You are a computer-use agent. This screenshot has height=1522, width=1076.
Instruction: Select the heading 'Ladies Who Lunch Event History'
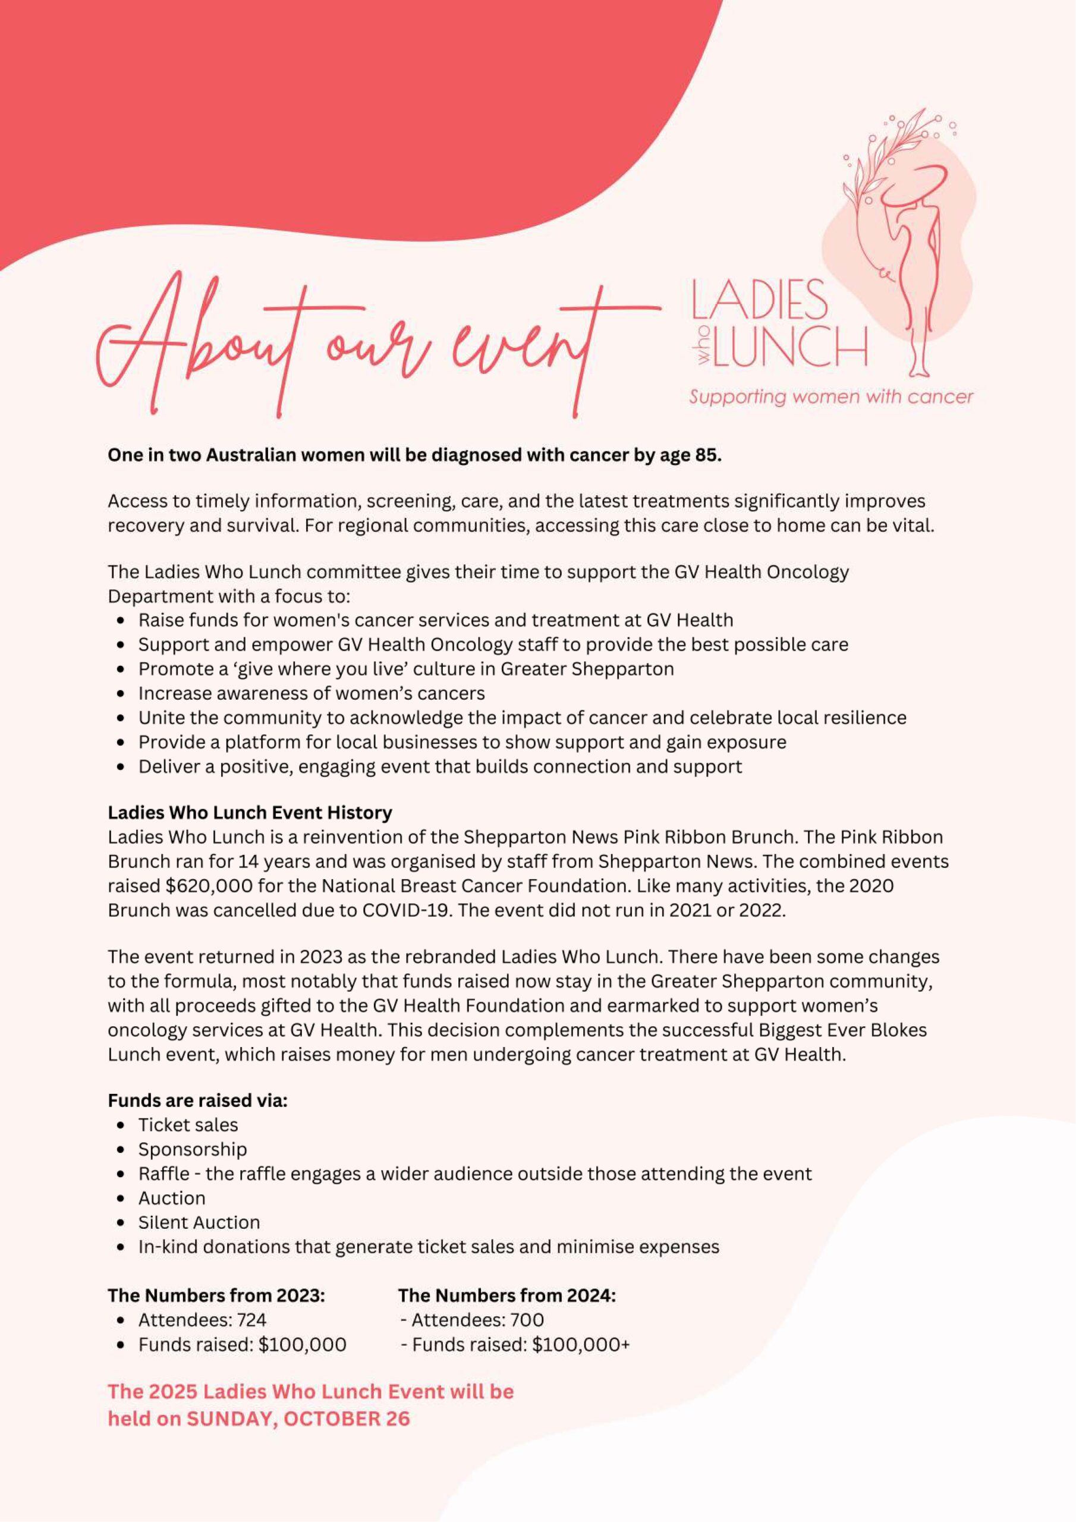pos(250,813)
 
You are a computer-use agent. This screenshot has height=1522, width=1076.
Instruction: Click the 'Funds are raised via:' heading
pos(197,1100)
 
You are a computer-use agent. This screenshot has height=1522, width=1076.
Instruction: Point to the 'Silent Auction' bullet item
pos(199,1222)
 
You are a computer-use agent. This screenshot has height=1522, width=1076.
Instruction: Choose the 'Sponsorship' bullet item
pos(192,1149)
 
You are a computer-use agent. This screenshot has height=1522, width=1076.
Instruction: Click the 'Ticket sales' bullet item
pos(188,1125)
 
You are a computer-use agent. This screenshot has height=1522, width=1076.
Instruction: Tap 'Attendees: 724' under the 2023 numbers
pos(202,1320)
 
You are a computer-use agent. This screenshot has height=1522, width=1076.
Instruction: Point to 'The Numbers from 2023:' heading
pos(216,1295)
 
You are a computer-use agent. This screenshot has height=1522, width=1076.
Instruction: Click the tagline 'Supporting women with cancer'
pos(830,397)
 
